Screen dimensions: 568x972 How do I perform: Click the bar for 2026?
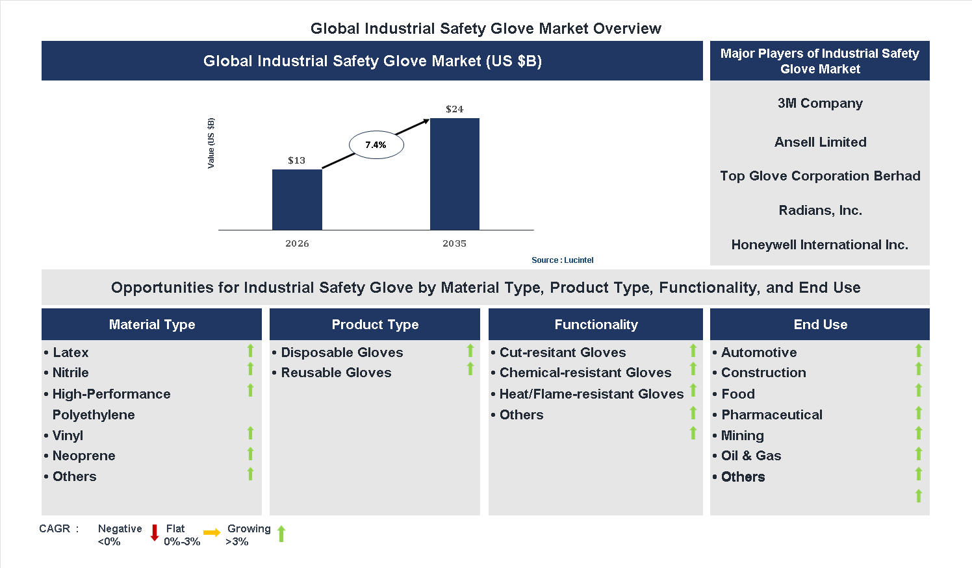point(297,199)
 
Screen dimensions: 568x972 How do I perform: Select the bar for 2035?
point(454,174)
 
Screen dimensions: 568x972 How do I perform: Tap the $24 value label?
point(454,109)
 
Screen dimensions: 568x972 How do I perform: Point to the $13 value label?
point(296,160)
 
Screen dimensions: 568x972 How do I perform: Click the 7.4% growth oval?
point(376,145)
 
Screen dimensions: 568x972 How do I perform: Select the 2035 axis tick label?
point(454,243)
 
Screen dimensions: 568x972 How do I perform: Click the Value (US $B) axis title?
point(211,143)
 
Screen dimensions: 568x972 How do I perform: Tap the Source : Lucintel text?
point(562,260)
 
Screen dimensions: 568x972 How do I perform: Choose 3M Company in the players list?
point(820,103)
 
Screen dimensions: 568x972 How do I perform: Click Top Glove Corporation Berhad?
point(820,176)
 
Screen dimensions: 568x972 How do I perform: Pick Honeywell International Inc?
point(820,245)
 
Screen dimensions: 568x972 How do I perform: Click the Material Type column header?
point(151,325)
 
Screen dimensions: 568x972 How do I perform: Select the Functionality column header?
point(596,325)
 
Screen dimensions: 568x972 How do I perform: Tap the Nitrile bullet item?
point(70,373)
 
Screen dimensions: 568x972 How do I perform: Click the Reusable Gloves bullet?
point(336,373)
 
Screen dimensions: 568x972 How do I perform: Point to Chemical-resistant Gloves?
point(585,373)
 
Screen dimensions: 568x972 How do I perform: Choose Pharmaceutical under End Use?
point(771,415)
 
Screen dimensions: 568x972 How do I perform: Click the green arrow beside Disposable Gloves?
point(470,351)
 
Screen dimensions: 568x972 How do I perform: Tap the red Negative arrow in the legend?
point(155,533)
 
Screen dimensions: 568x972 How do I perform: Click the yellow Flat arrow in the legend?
point(212,533)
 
